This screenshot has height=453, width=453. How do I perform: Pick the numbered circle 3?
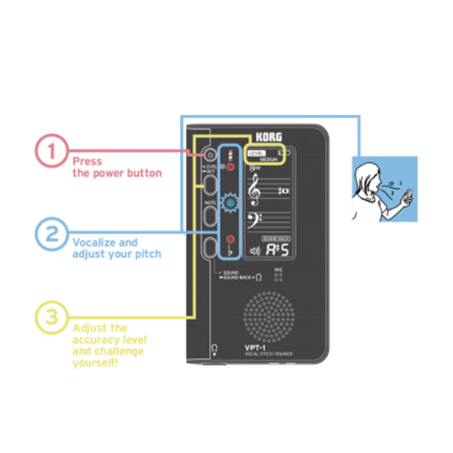51,316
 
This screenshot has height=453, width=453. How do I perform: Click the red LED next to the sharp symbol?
230,166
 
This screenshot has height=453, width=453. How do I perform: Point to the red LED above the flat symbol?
230,239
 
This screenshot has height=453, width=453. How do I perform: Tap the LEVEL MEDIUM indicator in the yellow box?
267,156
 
